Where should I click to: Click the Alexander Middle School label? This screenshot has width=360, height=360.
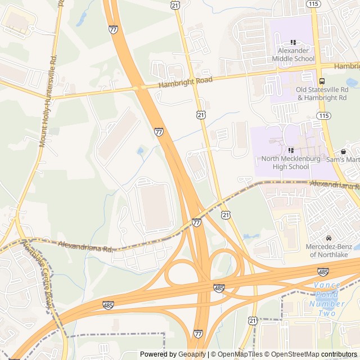point(293,55)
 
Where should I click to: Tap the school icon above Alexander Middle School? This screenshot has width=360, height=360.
point(293,42)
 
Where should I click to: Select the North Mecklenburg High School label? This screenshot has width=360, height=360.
point(292,163)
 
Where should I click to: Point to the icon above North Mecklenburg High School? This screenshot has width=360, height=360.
point(291,150)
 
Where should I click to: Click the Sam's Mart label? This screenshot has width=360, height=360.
point(343,160)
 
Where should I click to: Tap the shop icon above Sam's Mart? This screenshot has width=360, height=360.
point(343,151)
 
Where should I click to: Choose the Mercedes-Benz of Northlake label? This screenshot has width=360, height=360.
point(329,250)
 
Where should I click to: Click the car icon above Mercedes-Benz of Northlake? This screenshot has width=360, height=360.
point(329,238)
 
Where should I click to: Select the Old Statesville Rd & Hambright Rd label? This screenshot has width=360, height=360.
point(322,93)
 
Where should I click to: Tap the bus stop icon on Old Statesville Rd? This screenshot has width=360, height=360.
point(321,80)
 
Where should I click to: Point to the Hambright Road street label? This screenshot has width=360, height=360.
point(185,82)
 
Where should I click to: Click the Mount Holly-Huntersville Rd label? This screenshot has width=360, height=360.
point(47,101)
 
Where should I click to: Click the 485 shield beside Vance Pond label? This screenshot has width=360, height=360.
point(323,272)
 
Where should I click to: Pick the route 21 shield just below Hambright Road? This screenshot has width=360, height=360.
point(201,115)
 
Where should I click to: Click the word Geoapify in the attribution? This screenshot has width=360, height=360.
point(192,354)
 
